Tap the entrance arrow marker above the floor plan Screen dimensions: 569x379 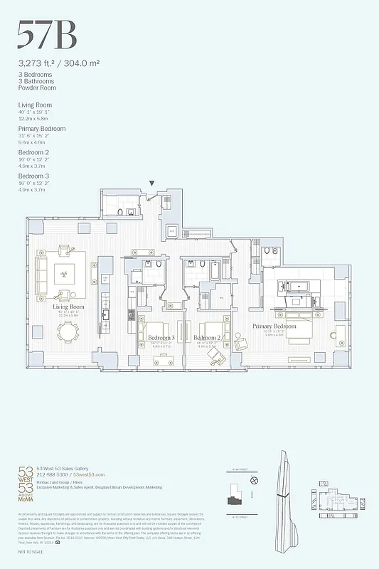(x=151, y=184)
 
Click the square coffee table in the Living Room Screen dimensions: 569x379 (x=65, y=272)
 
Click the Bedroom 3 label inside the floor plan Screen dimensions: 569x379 (x=162, y=337)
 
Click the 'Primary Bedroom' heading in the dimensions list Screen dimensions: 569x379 (x=42, y=129)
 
